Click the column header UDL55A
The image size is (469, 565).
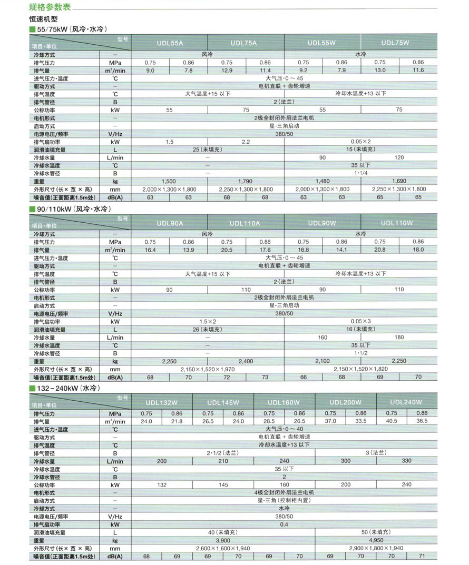(170, 43)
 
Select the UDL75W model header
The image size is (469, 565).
(399, 43)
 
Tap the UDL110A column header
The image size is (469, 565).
(246, 223)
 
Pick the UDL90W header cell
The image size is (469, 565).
(322, 223)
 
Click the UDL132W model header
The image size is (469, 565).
(162, 402)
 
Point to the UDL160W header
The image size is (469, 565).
(284, 402)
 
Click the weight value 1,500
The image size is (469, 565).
(169, 181)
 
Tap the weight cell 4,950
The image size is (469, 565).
(376, 540)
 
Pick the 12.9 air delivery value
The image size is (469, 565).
(227, 71)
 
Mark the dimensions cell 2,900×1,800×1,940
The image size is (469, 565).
(376, 548)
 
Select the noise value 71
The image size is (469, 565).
(422, 556)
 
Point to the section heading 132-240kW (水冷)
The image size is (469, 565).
(69, 388)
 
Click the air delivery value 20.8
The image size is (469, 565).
(380, 250)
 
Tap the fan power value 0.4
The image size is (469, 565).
(284, 524)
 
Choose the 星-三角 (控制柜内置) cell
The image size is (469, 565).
(284, 501)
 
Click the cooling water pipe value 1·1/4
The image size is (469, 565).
(360, 173)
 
